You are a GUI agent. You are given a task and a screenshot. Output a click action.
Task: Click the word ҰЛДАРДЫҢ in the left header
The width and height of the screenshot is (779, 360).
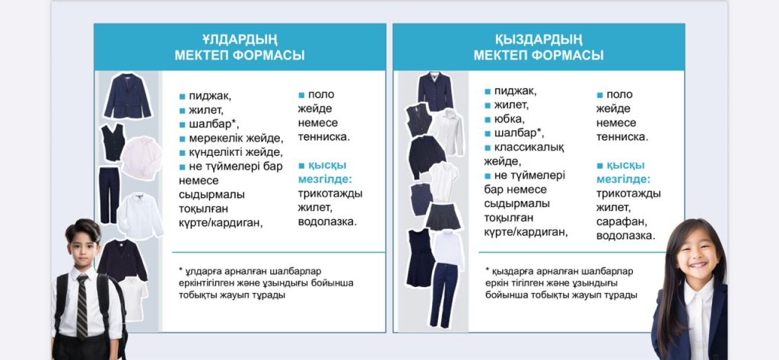pos(240,40)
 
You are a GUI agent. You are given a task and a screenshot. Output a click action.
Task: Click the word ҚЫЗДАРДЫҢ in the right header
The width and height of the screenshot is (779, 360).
pos(539,40)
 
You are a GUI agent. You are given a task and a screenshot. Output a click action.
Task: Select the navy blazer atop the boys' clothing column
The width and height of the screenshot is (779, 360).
pos(128,96)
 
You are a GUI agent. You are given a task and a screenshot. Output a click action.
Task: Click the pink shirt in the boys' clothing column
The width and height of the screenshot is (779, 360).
pos(141,158)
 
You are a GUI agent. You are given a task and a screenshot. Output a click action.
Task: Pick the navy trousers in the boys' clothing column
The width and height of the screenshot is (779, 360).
pos(110,195)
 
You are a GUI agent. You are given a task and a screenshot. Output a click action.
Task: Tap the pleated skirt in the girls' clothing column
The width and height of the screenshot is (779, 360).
pos(443,216)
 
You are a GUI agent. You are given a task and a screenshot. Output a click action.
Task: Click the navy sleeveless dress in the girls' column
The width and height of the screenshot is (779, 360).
pos(420,257)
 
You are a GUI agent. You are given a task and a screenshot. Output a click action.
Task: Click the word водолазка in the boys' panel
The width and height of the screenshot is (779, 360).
pos(327,221)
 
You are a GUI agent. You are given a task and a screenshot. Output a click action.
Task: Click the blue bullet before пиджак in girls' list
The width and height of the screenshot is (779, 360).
pos(488,91)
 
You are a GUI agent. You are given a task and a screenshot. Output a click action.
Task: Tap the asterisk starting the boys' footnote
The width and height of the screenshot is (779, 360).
pos(181,270)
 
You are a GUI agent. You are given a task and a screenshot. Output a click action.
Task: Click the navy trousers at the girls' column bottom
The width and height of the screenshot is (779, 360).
pos(444,295)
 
